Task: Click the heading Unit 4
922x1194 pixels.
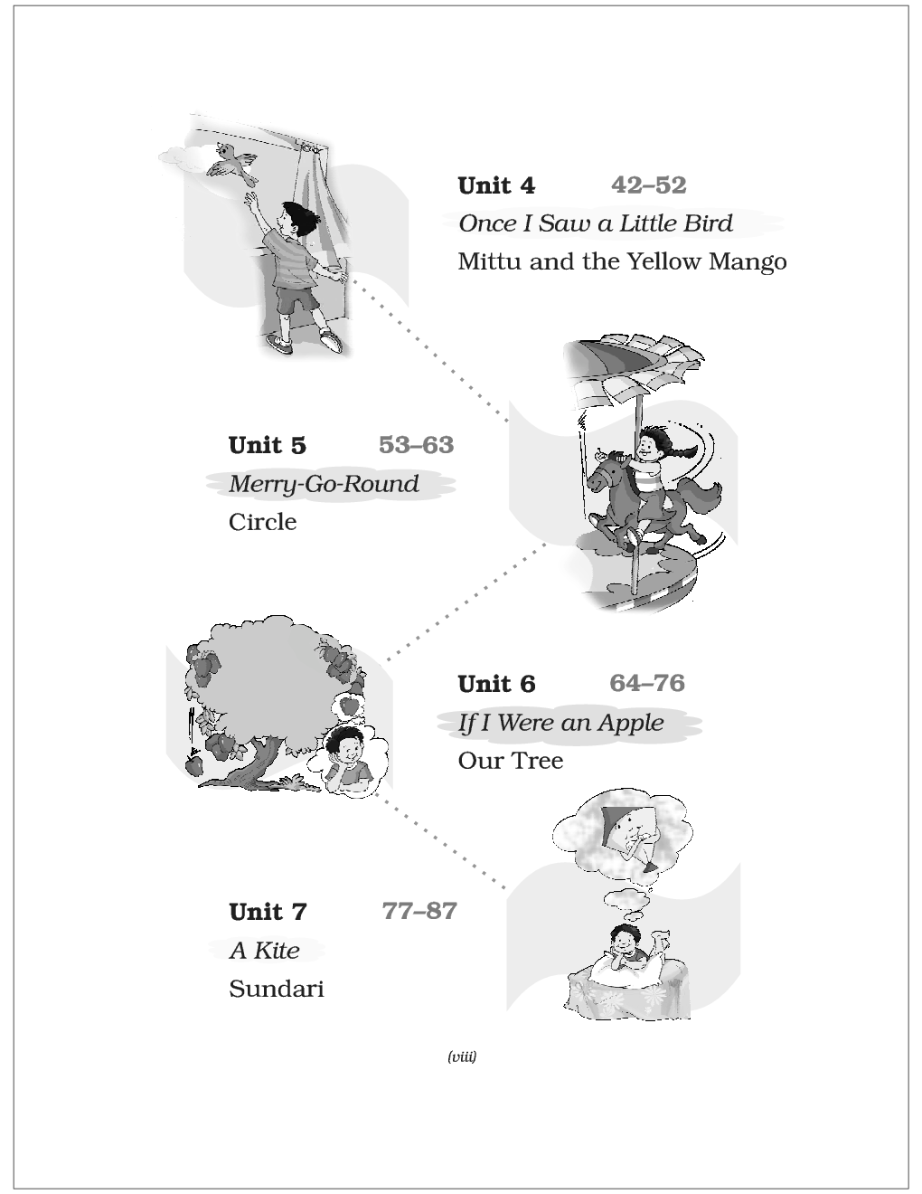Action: coord(496,185)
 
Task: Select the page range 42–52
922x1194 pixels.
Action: coord(648,185)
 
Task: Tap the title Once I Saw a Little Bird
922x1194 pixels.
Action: coord(596,223)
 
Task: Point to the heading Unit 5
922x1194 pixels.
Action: coord(268,445)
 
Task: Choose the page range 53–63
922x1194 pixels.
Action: coord(416,445)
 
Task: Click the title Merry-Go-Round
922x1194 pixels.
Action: coord(324,484)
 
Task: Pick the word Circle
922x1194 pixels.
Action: coord(263,522)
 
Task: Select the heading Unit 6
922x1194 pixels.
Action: coord(496,684)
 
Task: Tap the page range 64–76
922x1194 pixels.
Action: coord(647,683)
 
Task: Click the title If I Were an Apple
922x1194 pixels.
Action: coord(560,723)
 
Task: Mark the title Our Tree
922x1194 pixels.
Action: coord(511,761)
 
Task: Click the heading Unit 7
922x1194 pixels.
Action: coord(268,912)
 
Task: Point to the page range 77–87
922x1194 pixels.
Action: coord(419,911)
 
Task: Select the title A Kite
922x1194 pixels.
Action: coord(264,951)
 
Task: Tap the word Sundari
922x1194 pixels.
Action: coord(277,989)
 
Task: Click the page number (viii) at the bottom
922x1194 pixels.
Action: coord(462,1057)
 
